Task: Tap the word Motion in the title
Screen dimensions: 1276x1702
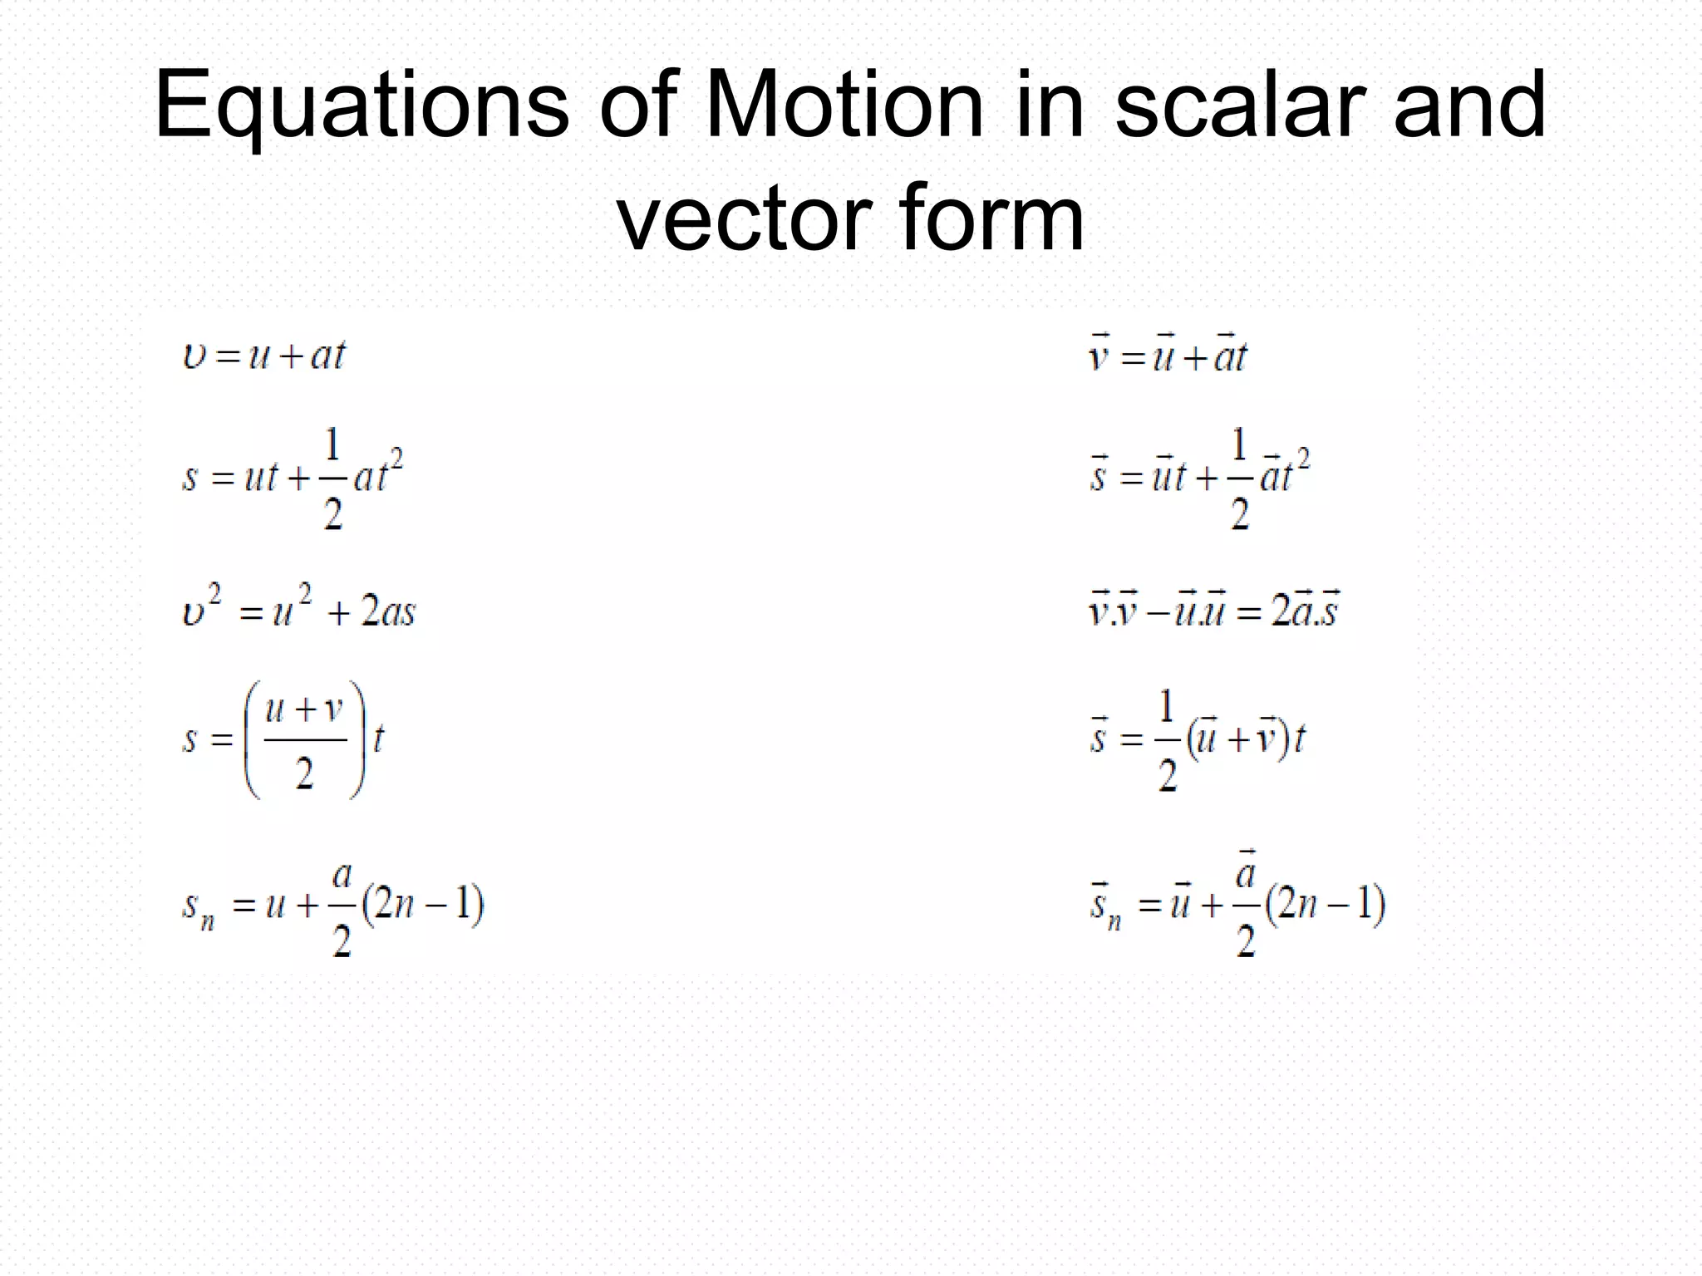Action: [844, 106]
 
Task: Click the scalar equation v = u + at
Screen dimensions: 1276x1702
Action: [263, 356]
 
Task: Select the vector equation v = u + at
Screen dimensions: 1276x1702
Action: [1168, 356]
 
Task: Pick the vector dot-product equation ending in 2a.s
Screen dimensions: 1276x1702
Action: [1214, 611]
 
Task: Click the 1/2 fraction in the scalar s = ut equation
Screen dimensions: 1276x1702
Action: [332, 480]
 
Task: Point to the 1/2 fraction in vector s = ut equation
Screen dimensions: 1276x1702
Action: [1239, 480]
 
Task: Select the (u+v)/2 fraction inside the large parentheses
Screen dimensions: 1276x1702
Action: [304, 740]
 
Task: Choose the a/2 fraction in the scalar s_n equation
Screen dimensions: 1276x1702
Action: [342, 908]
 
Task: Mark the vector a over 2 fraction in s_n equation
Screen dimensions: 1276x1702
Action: [1245, 905]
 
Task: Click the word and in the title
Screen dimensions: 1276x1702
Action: [1469, 106]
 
